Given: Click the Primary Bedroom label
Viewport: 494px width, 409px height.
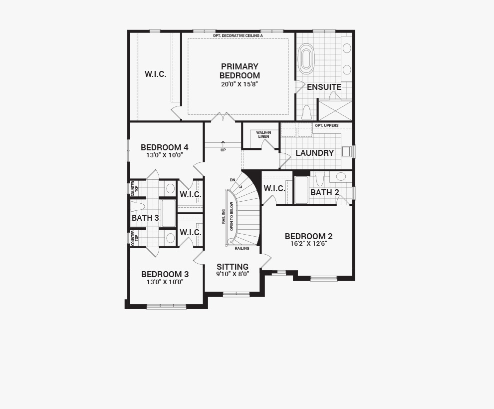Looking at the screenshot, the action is pos(240,71).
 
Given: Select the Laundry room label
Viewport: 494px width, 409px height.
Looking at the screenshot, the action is pos(314,153).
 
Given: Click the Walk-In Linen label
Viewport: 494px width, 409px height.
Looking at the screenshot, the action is pos(263,135).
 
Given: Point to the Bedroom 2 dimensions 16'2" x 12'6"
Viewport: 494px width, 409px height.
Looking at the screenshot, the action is pos(309,243).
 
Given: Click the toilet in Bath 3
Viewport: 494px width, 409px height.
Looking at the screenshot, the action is pos(138,207).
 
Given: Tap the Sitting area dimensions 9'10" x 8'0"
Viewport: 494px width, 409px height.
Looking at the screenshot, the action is pos(233,274).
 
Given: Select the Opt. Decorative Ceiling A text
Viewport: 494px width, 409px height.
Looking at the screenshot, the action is pos(238,35).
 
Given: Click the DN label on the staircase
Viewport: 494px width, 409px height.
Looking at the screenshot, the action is pos(233,180).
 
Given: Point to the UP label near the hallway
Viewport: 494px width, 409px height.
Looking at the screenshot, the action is pos(223,150).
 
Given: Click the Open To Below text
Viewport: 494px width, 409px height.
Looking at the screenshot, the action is pos(232,216).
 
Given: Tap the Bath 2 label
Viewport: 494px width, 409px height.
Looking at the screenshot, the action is pos(324,192).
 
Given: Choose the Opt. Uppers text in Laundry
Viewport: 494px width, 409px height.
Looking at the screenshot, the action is pos(327,125).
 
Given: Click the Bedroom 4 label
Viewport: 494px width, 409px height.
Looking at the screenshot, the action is pos(165,148).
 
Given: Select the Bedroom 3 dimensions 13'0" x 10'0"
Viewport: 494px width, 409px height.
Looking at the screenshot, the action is pos(165,282).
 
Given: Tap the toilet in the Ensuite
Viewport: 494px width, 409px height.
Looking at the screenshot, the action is pos(306,112).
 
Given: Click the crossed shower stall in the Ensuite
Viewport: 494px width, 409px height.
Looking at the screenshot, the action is pos(335,110).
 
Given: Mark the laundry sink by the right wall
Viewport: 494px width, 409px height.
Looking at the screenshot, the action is pos(347,151).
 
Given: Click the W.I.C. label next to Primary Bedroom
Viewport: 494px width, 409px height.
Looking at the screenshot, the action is pos(155,74).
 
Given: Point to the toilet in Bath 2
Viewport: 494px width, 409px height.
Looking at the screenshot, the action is pos(320,179).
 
